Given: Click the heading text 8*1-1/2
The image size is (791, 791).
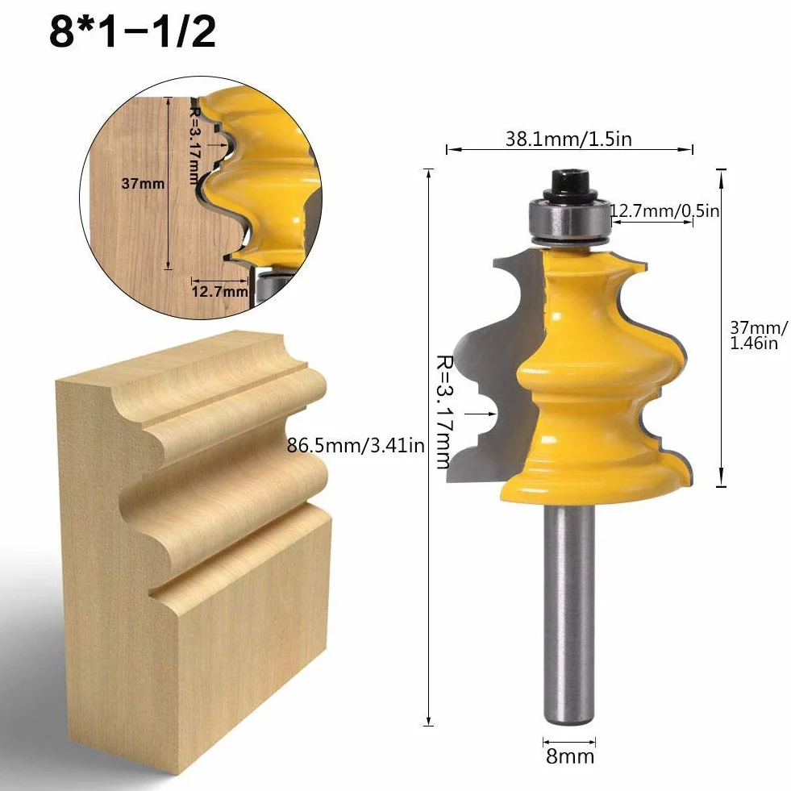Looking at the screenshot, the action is coord(133,31).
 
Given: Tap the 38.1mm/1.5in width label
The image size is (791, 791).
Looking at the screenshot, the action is coord(568,139).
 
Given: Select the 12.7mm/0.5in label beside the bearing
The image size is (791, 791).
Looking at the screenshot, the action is coord(665,210).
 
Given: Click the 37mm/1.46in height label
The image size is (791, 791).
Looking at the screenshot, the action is coord(758,335).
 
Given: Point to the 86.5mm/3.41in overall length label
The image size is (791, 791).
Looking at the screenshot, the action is coord(356,445).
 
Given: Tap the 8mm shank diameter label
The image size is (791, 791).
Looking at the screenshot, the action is coord(570,756).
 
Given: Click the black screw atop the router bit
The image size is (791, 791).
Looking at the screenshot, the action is coord(569,185).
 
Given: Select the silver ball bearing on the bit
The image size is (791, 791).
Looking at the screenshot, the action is coord(569,219).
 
